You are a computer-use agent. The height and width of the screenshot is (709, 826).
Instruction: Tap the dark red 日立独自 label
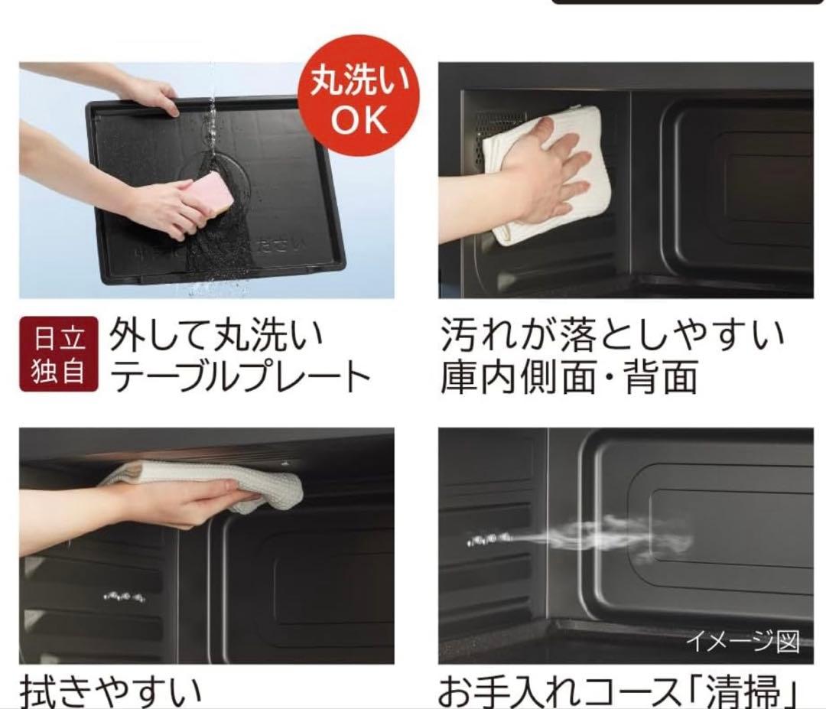[58, 354]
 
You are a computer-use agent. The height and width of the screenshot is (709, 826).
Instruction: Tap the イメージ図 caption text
[741, 641]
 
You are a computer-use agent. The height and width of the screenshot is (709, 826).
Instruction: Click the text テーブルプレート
[239, 376]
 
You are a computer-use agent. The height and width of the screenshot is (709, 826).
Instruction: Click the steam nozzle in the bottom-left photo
[122, 595]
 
